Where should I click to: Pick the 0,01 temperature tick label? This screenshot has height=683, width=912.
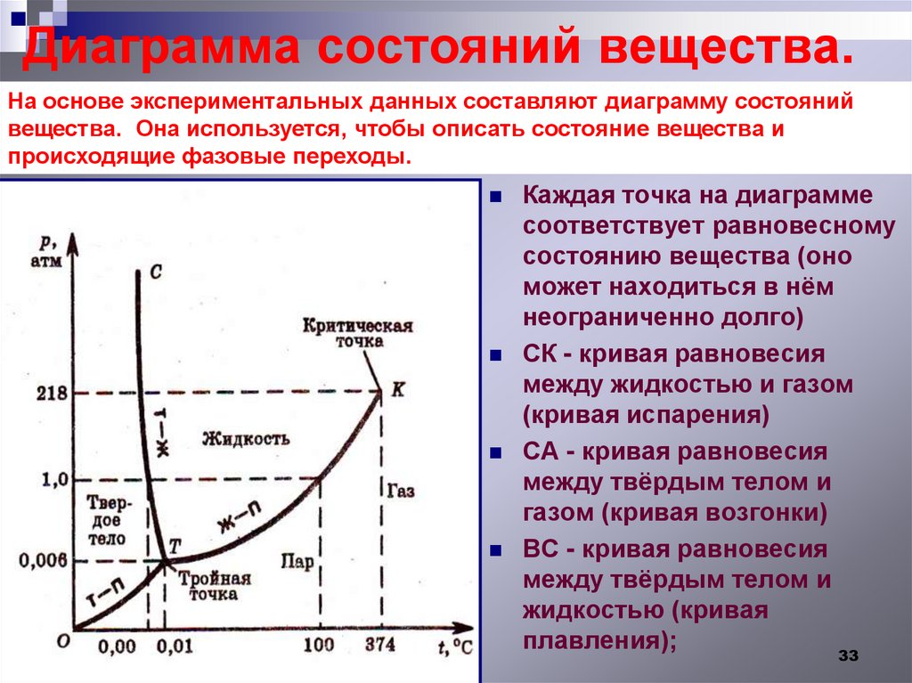point(175,645)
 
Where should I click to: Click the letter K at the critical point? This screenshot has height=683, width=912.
point(397,388)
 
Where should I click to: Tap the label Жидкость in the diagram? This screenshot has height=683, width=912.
point(246,438)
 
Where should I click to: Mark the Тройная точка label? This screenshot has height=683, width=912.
point(214,585)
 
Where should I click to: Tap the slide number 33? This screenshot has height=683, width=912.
point(847,656)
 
